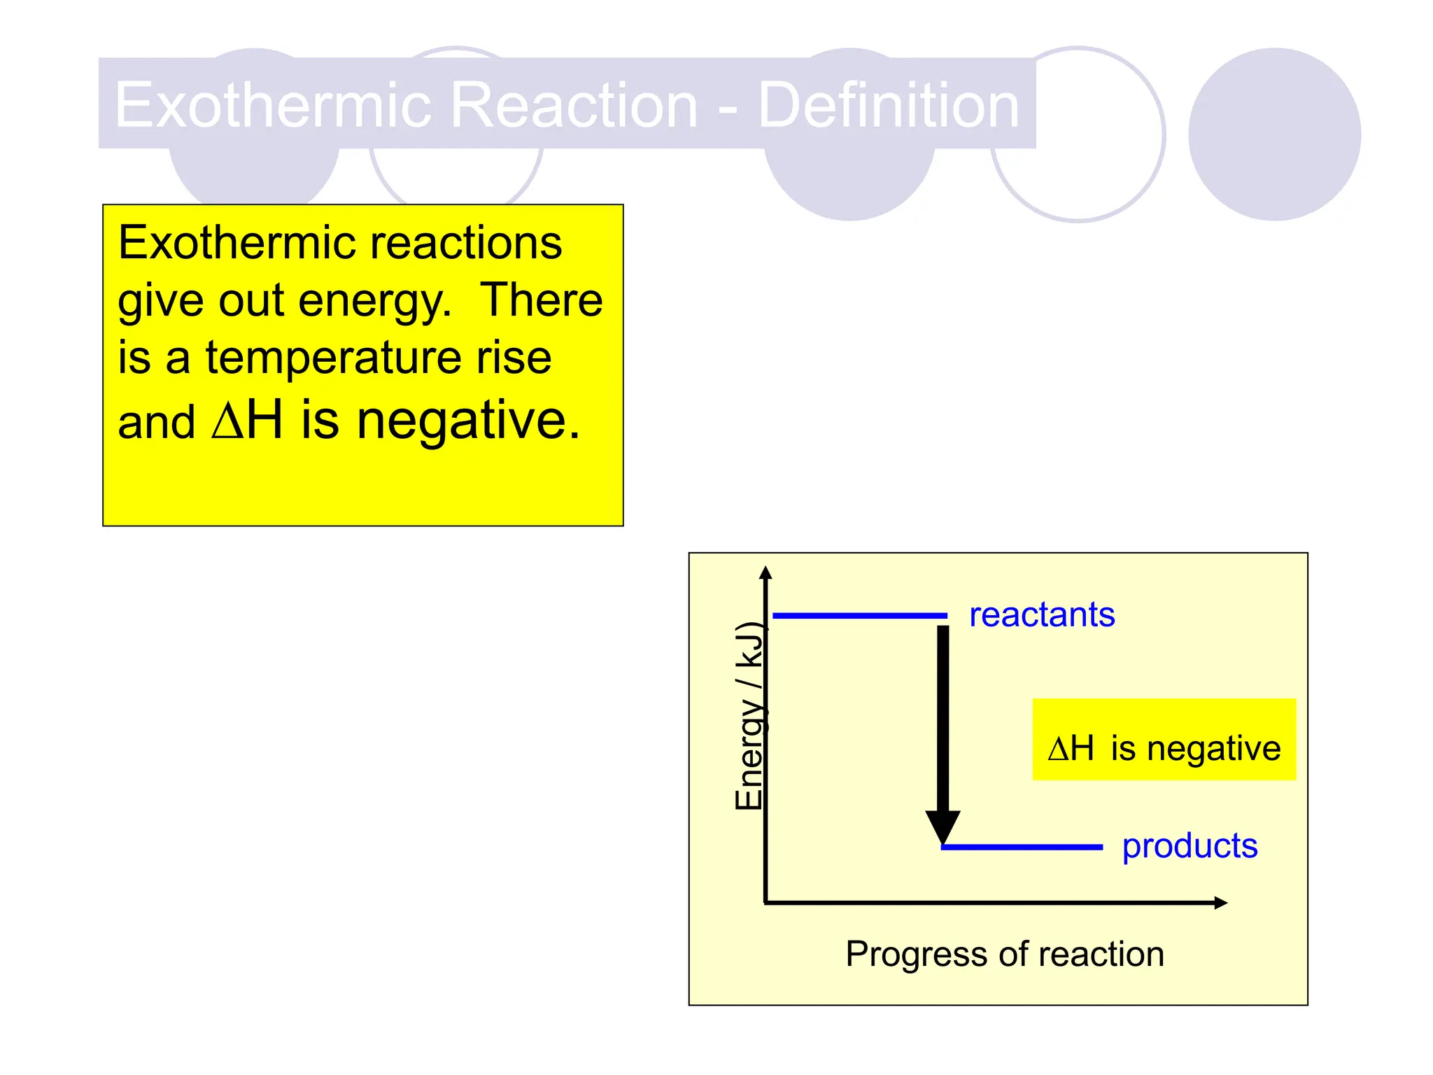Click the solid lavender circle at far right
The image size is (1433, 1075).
tap(1274, 134)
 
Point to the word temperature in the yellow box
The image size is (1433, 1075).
tap(332, 358)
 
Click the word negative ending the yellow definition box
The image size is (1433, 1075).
tap(467, 421)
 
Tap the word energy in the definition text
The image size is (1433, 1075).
tap(374, 301)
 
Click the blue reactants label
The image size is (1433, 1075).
tap(1041, 615)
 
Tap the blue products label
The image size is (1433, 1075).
tap(1190, 846)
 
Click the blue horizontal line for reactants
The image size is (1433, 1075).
tap(859, 616)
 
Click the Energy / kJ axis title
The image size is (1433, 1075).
tap(749, 715)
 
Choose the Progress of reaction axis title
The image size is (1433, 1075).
tap(1005, 954)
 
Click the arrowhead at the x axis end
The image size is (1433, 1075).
tap(1220, 903)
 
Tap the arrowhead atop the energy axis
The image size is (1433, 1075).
tap(765, 572)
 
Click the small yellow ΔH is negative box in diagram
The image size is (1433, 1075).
tap(1164, 740)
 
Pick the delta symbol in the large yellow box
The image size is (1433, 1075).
tap(227, 421)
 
